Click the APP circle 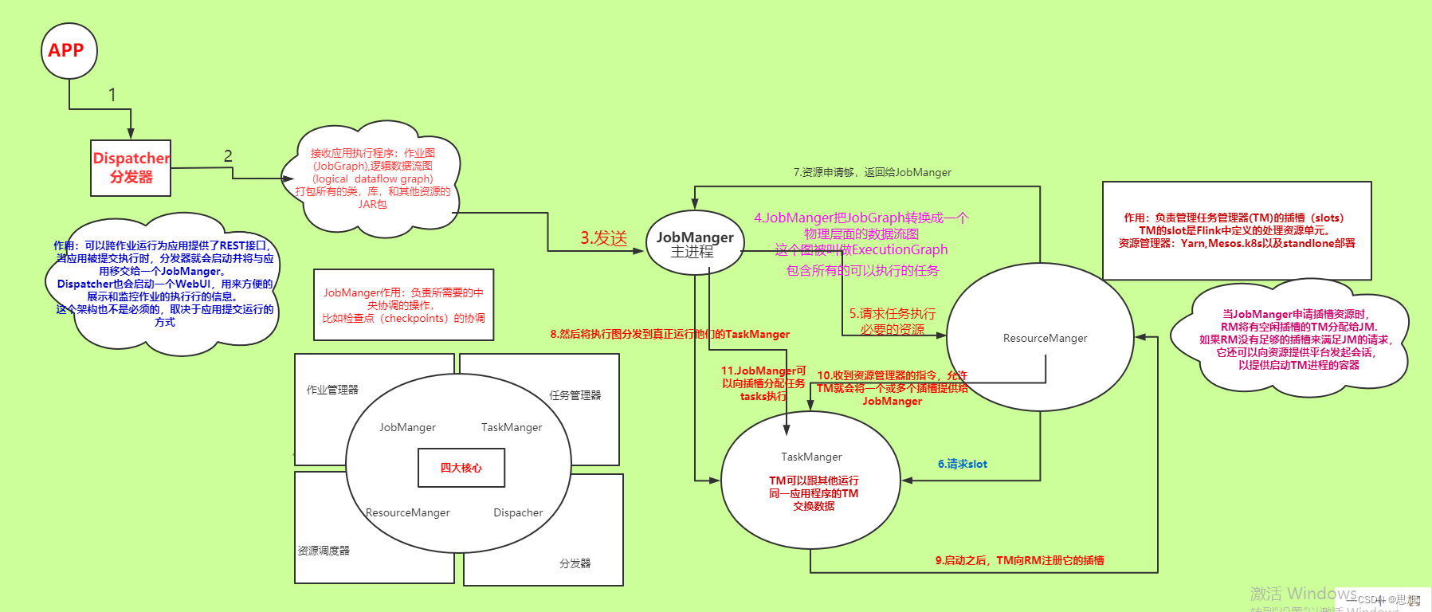[69, 51]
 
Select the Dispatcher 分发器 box [131, 168]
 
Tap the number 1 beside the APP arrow [112, 95]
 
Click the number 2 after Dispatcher [228, 156]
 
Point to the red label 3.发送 [603, 238]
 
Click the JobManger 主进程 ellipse [694, 243]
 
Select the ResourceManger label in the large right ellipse [1045, 339]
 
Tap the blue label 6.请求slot [962, 464]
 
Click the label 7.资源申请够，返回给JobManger [872, 172]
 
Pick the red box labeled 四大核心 [461, 468]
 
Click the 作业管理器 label [332, 390]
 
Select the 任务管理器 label [575, 395]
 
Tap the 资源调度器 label [324, 551]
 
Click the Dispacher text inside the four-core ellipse [518, 513]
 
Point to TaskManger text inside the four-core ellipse [512, 428]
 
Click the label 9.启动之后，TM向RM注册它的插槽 [1019, 560]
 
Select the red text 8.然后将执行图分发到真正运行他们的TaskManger [669, 334]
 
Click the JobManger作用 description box [403, 305]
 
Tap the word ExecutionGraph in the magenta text [900, 250]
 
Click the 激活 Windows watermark [1303, 594]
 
